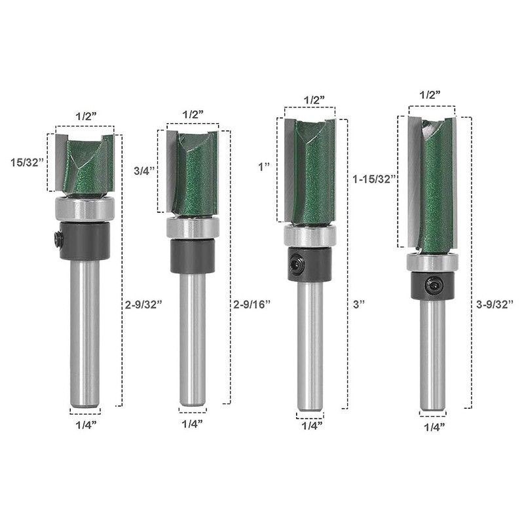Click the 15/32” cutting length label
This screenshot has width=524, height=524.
(x=27, y=162)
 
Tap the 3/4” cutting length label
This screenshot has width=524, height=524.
(x=144, y=171)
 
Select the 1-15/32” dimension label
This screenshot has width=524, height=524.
(x=374, y=179)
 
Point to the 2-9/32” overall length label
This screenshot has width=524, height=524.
(x=143, y=305)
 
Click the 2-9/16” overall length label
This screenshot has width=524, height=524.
(x=252, y=304)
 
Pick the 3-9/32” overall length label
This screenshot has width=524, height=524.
(x=495, y=304)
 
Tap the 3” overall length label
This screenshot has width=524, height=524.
(x=358, y=304)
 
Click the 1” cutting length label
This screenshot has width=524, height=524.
(x=264, y=167)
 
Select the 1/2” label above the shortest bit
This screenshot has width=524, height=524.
(x=86, y=117)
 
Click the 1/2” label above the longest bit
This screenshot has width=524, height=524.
(x=430, y=95)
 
